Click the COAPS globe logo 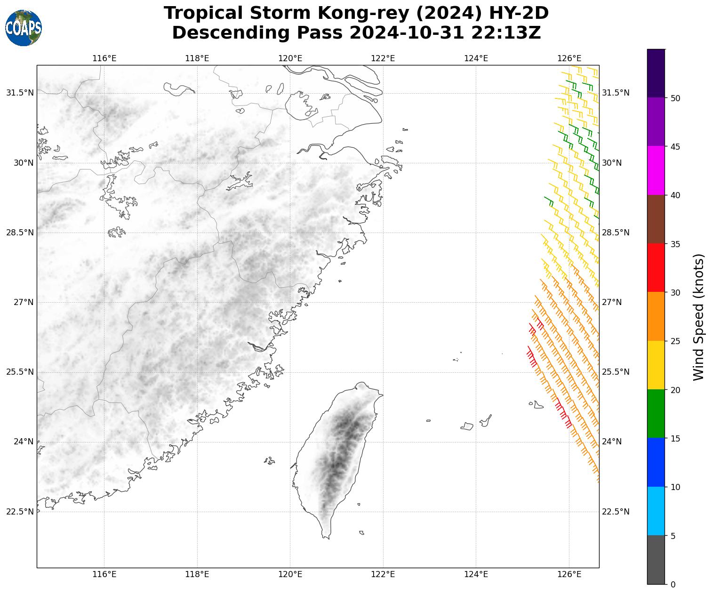pos(24,28)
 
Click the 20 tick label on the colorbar pos(675,390)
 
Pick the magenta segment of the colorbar pos(656,170)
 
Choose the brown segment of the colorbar pos(656,219)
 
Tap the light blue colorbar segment pos(656,511)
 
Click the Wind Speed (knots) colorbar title pos(699,317)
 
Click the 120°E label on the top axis pos(290,58)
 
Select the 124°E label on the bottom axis pos(476,574)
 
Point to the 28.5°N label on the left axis pos(20,233)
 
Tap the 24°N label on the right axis pos(612,442)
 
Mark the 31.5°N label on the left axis pos(20,93)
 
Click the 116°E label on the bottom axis pos(104,574)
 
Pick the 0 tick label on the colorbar pos(673,584)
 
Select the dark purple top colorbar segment pos(656,73)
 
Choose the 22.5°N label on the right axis pos(616,512)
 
